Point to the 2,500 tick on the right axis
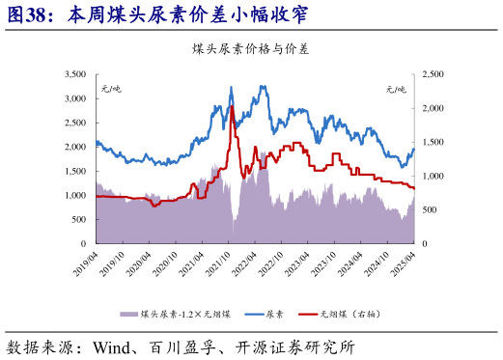point(433,74)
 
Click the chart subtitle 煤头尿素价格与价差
point(251,47)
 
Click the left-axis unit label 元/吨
point(112,89)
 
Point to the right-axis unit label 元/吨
point(397,89)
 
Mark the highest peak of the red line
point(233,106)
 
